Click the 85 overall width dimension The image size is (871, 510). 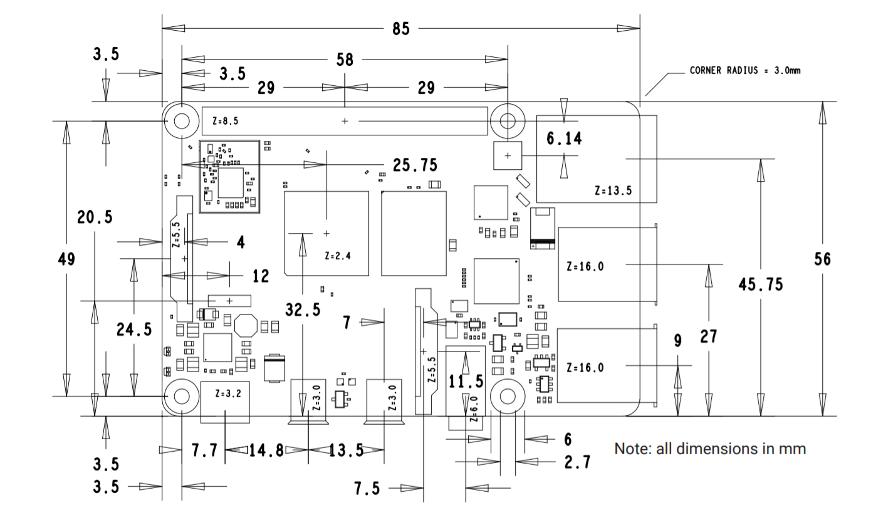[401, 29]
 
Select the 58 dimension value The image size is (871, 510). [345, 60]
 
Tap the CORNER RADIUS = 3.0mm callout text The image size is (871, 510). [744, 70]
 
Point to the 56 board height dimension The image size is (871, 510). [822, 259]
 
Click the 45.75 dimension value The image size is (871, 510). [761, 284]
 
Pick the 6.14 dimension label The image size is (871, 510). [564, 138]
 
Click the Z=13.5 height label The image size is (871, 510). [613, 190]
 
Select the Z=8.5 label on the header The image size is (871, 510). [225, 122]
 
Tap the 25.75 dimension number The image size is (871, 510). [415, 165]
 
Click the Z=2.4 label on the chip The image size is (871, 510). [338, 256]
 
